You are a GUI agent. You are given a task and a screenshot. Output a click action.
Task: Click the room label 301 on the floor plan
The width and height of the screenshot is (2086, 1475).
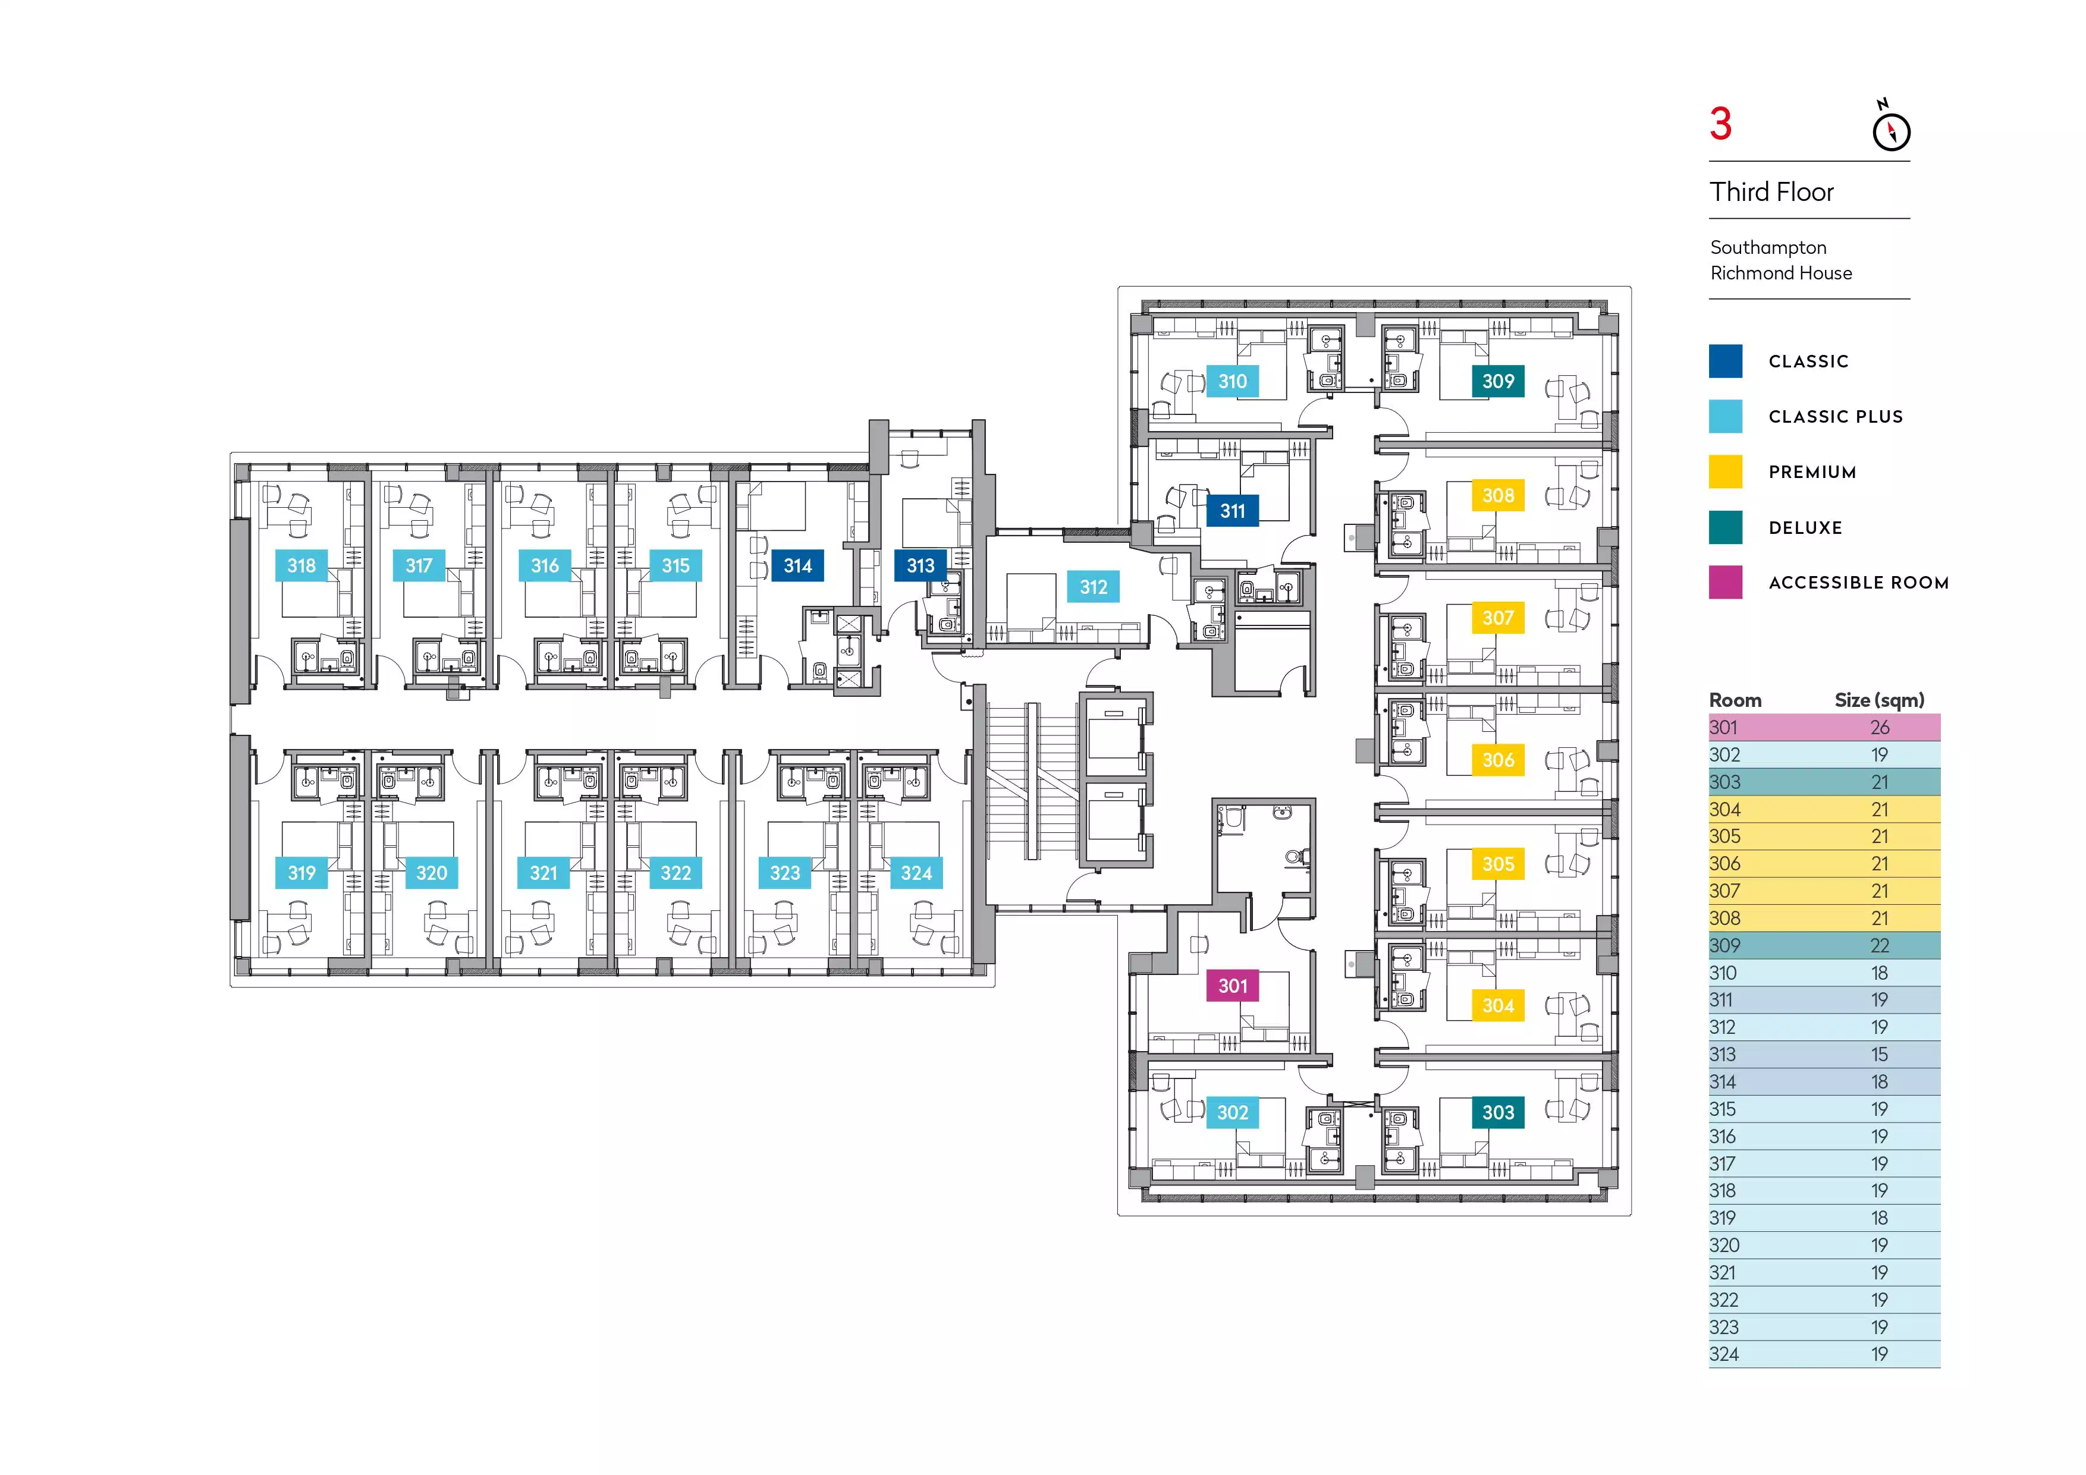pyautogui.click(x=1232, y=986)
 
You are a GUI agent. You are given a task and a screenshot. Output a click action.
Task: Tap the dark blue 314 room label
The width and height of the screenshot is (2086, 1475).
pyautogui.click(x=797, y=566)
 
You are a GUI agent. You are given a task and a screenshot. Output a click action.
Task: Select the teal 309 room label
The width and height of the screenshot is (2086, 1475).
pyautogui.click(x=1498, y=382)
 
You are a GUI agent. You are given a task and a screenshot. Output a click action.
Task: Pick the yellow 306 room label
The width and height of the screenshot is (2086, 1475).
pyautogui.click(x=1498, y=759)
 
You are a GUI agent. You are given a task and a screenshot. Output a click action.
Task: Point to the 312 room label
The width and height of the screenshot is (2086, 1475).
pyautogui.click(x=1093, y=587)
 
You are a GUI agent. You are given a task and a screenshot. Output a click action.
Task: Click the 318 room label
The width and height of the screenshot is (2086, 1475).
pyautogui.click(x=301, y=566)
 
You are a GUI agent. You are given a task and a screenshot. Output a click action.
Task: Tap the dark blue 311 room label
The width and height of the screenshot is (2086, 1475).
pyautogui.click(x=1232, y=511)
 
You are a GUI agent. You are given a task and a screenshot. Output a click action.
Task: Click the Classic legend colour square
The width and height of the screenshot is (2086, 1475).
pyautogui.click(x=1725, y=361)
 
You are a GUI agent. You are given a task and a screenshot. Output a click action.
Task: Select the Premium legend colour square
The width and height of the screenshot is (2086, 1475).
pyautogui.click(x=1725, y=472)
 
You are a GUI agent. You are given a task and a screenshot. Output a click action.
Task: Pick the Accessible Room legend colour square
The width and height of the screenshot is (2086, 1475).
pyautogui.click(x=1725, y=582)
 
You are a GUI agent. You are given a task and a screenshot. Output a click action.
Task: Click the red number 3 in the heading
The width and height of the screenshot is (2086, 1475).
pyautogui.click(x=1721, y=124)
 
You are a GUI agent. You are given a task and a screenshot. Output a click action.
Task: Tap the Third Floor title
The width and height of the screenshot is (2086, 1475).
pyautogui.click(x=1771, y=191)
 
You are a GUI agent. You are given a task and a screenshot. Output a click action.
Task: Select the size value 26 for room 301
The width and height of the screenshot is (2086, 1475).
pyautogui.click(x=1880, y=728)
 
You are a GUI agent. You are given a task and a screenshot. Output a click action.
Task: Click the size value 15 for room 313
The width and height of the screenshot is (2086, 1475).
pyautogui.click(x=1880, y=1055)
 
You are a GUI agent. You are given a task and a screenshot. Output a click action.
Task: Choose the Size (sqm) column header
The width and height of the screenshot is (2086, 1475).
pyautogui.click(x=1879, y=700)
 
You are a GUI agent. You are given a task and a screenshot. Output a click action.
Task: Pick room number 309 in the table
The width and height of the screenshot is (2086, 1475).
pyautogui.click(x=1724, y=945)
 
